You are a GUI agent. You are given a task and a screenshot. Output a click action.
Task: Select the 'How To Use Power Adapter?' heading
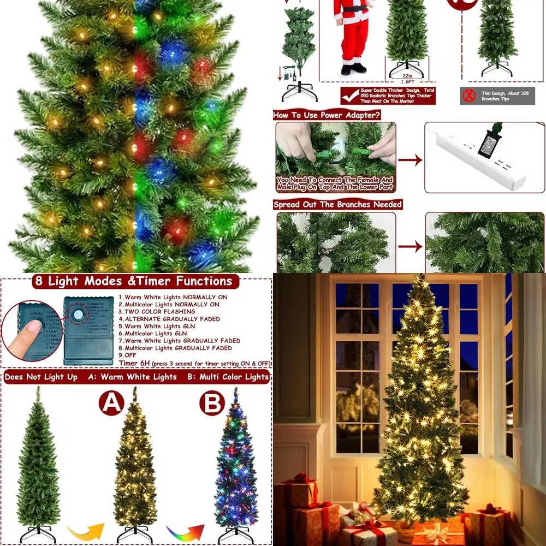[327, 115]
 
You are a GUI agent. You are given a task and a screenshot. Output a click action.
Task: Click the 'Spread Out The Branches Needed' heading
[337, 204]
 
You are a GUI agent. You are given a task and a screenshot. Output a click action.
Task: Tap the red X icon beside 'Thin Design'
[468, 96]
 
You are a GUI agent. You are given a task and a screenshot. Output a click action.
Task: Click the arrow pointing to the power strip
[410, 160]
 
